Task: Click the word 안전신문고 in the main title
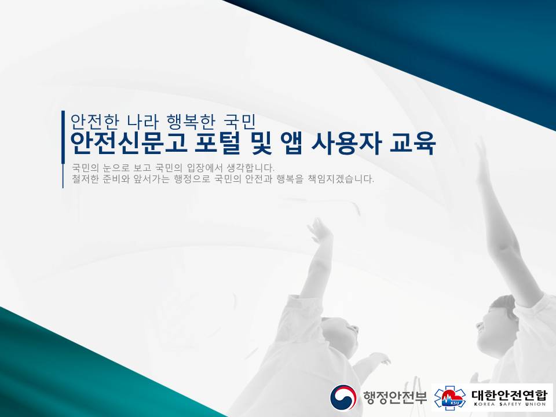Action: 129,142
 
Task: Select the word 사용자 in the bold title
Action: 346,142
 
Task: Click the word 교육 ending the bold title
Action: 412,142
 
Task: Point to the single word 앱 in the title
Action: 291,142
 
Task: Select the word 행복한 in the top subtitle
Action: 191,122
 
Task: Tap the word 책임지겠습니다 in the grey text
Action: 341,179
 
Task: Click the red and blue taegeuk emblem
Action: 343,397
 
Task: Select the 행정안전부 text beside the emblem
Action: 394,397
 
